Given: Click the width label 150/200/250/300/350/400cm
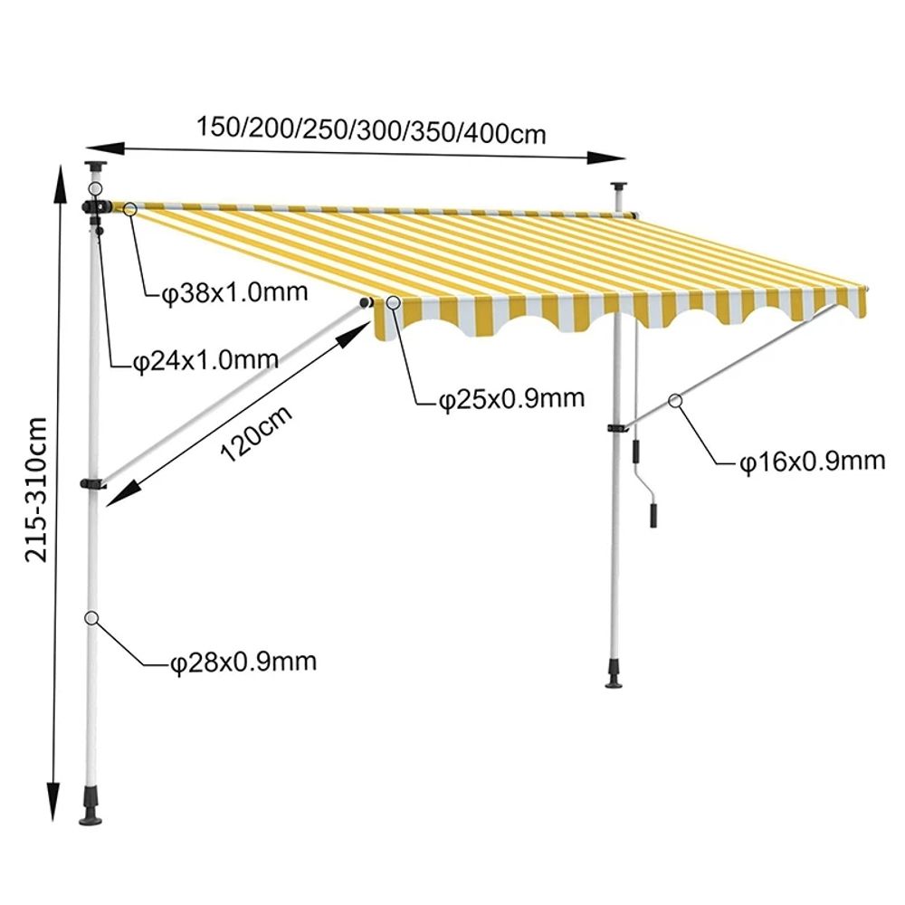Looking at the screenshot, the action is coord(371,130).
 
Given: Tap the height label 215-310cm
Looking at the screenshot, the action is coord(36,490).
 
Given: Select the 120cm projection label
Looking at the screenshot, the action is coord(256,433).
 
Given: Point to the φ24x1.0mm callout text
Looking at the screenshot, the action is coord(205,361).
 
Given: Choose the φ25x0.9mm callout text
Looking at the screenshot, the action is coord(511,399).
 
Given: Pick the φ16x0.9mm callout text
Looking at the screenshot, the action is coord(812,462).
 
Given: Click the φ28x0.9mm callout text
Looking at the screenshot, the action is coord(243,662).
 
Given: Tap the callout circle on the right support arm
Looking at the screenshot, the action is coord(675,401).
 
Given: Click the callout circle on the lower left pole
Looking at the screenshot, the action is coord(91,618).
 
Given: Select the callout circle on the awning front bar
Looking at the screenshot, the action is coord(395,302).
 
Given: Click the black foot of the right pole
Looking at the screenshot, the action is coord(614,673).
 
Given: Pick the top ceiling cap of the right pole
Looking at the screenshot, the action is coord(620,186).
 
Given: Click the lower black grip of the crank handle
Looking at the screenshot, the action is coord(653,515).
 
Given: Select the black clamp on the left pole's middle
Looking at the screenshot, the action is coord(92,483).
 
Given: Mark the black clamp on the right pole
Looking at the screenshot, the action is coord(617,428).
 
